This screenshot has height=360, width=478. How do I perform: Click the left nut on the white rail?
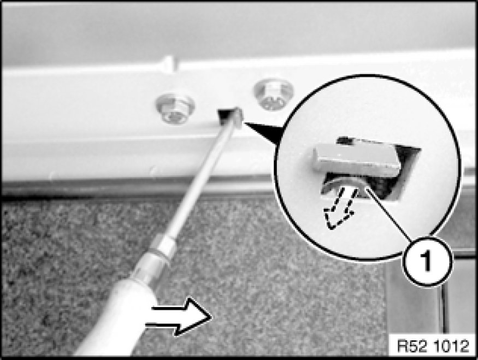click(175, 108)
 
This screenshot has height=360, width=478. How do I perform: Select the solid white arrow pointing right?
click(178, 317)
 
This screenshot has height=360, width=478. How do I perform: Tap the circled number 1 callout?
click(427, 261)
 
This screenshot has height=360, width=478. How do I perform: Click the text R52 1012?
click(433, 346)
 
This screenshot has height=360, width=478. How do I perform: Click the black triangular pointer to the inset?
click(264, 131)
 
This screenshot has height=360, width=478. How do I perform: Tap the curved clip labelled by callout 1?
click(345, 185)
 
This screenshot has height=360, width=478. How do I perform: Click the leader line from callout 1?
click(388, 214)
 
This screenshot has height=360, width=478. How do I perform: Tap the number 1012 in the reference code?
click(451, 346)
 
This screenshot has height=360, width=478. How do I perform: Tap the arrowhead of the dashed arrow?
click(335, 219)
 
